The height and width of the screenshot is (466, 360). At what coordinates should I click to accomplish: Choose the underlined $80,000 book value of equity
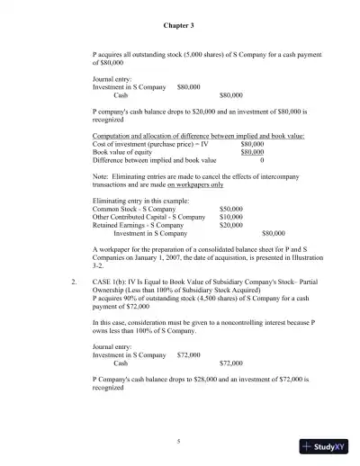tap(252, 152)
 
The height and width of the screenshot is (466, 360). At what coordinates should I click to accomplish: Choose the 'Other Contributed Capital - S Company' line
tap(148, 217)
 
